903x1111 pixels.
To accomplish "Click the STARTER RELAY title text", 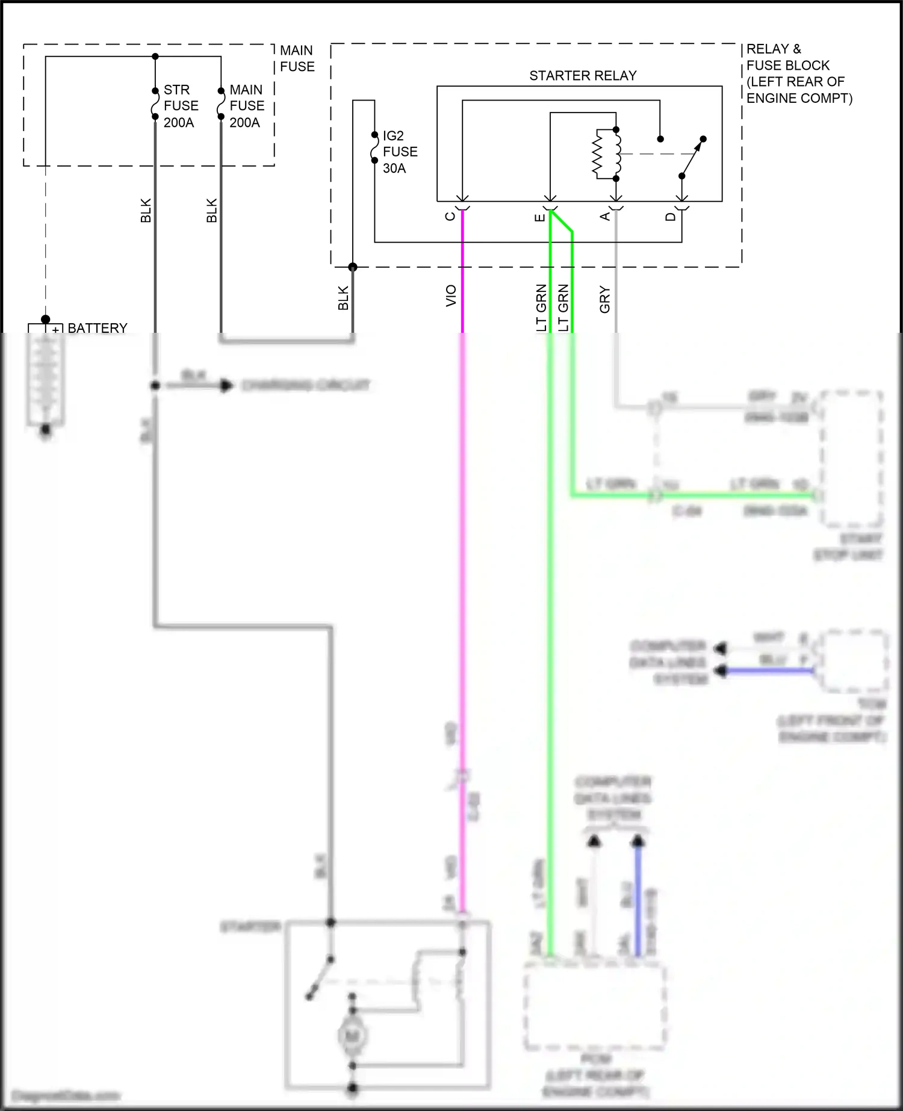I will [582, 76].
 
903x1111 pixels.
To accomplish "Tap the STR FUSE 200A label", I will [180, 106].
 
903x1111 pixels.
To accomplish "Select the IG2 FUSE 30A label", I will [399, 152].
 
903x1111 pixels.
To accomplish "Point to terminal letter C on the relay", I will [450, 216].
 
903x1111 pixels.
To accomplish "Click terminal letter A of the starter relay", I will [605, 216].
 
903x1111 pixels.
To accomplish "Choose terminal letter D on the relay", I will [671, 216].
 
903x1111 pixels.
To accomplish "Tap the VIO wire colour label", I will [451, 296].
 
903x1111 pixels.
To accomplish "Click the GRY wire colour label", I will [605, 299].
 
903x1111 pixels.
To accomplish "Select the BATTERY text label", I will [98, 328].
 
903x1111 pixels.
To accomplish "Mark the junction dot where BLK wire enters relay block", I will [353, 267].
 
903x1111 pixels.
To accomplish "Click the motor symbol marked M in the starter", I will [352, 1036].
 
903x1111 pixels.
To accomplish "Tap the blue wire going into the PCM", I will [638, 903].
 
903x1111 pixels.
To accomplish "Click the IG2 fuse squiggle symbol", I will [374, 148].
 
